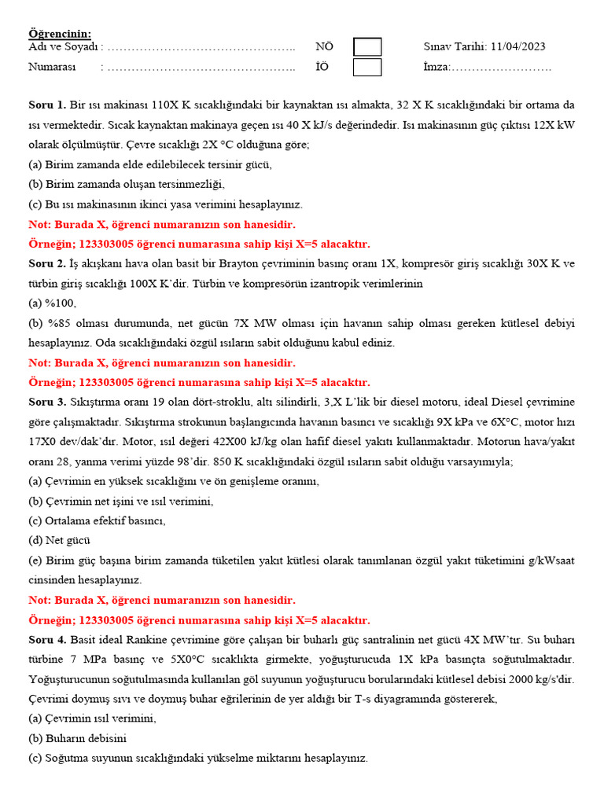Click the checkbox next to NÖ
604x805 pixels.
(367, 47)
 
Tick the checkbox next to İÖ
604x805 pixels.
(367, 68)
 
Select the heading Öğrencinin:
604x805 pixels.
(60, 34)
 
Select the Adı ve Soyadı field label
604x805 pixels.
(64, 47)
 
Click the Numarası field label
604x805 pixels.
(52, 68)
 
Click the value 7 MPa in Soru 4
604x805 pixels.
(88, 659)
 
